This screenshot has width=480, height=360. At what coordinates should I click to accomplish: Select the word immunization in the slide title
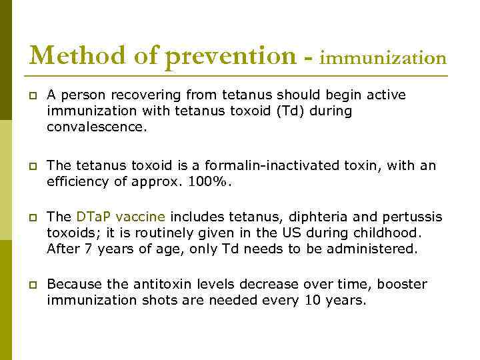(383, 58)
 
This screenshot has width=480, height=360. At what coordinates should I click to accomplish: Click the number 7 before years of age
(87, 249)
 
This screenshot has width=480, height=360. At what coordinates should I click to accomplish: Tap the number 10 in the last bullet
(313, 301)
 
